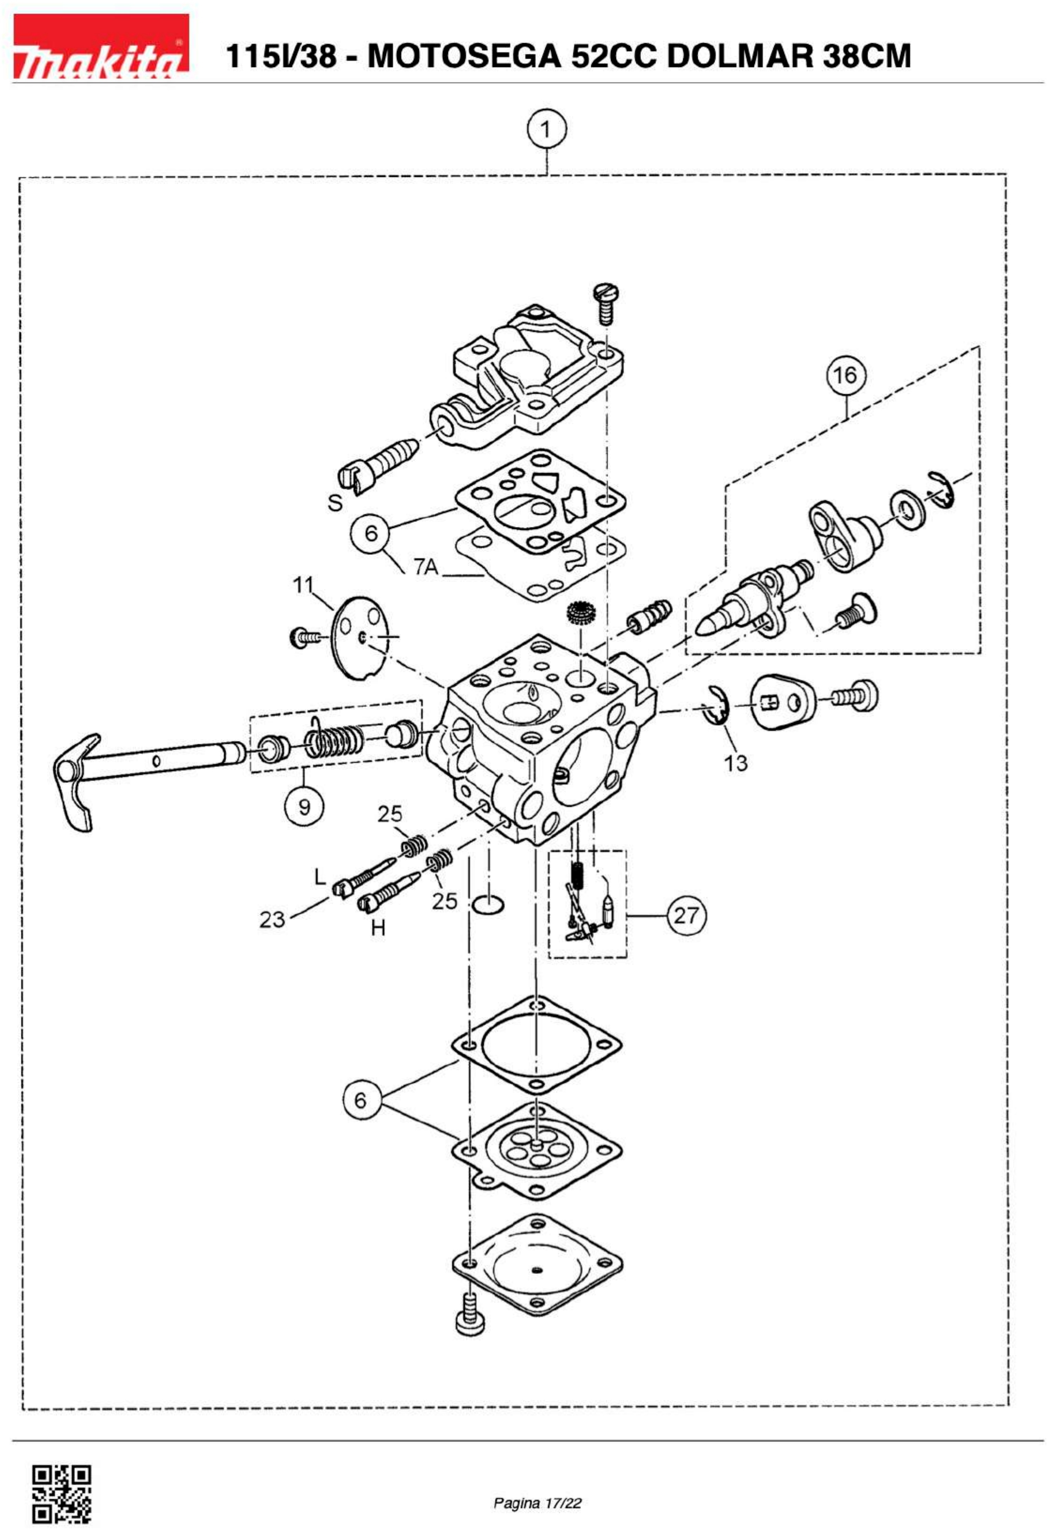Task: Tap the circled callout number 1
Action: pyautogui.click(x=546, y=130)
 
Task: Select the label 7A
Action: pyautogui.click(x=426, y=566)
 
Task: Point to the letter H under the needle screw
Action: pyautogui.click(x=378, y=928)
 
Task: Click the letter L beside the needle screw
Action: pyautogui.click(x=320, y=876)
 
